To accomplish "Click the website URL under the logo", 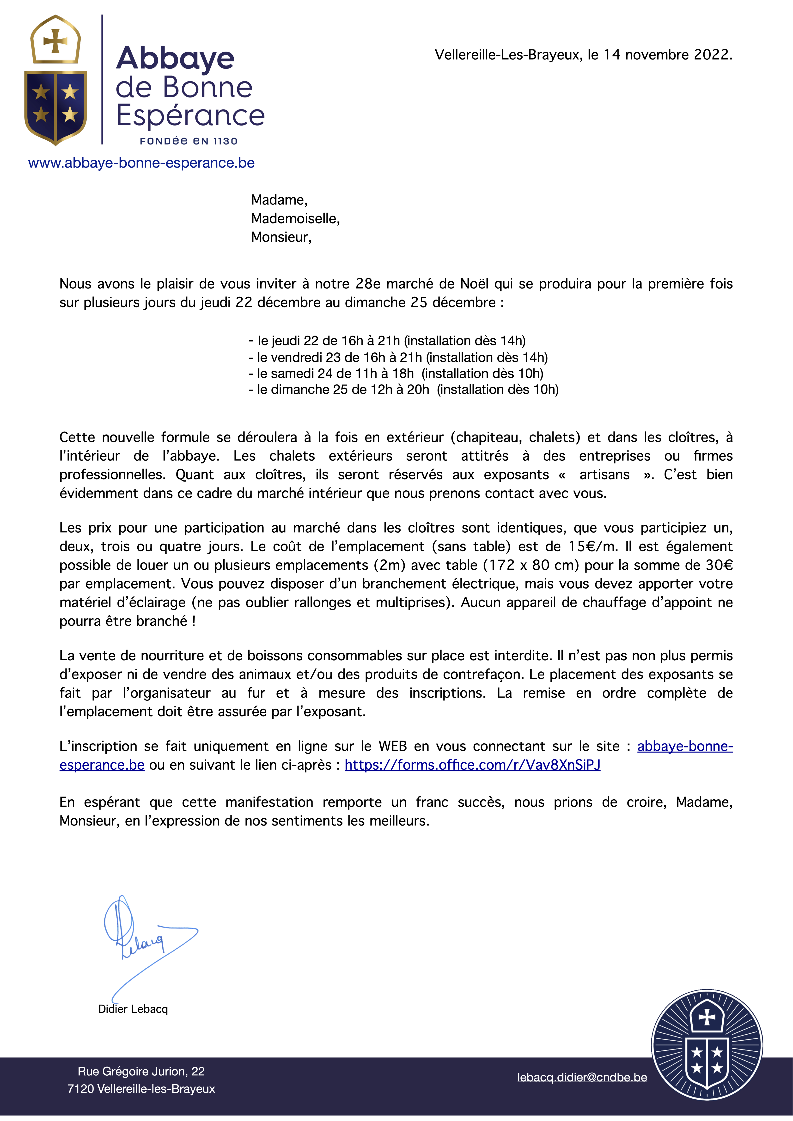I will tap(141, 163).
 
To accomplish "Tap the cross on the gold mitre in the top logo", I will tap(55, 41).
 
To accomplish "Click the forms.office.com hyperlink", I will tap(472, 765).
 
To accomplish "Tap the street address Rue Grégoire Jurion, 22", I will tap(141, 1071).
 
